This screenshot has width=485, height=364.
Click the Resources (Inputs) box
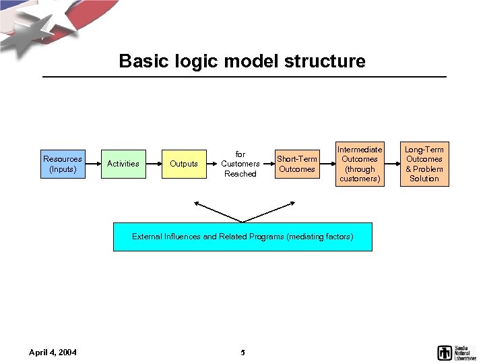click(63, 164)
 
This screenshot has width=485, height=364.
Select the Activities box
click(123, 164)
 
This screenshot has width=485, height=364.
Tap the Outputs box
click(184, 164)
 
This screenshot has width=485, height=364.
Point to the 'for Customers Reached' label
click(240, 164)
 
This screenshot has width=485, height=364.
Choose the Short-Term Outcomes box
click(297, 164)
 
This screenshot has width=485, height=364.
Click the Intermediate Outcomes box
click(360, 164)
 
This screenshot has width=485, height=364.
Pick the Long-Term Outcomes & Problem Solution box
click(424, 164)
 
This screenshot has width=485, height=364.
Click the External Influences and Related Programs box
click(243, 237)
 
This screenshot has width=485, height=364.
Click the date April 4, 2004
click(53, 352)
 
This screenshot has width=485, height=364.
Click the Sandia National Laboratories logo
click(457, 352)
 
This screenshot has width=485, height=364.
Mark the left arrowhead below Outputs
click(195, 202)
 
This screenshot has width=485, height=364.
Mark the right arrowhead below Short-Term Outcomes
click(294, 202)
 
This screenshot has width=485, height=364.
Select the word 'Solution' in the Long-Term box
click(424, 179)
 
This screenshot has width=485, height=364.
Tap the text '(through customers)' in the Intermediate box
click(360, 174)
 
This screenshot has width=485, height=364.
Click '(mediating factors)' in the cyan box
click(319, 237)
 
